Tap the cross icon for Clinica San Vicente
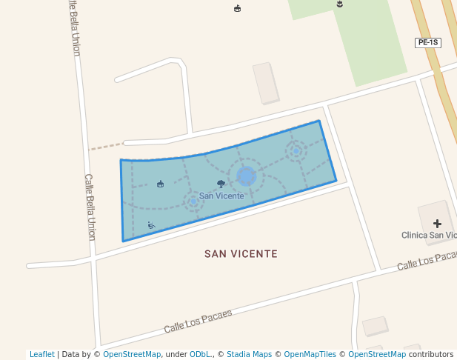(x=437, y=223)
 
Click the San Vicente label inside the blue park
(x=221, y=196)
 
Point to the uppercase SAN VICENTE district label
(x=241, y=253)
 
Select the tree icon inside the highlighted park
(x=221, y=183)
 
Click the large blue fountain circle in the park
(x=247, y=176)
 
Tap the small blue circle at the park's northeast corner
(x=296, y=151)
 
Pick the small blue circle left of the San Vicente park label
(x=194, y=201)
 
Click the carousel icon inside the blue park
(x=161, y=184)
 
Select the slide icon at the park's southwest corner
(x=151, y=225)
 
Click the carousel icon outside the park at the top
(x=237, y=8)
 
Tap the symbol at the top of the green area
(x=340, y=4)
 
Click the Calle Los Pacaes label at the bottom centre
(x=198, y=321)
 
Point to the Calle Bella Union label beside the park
(x=90, y=207)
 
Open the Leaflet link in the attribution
(x=41, y=354)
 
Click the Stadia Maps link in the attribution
(x=249, y=354)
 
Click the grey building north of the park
(x=266, y=82)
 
